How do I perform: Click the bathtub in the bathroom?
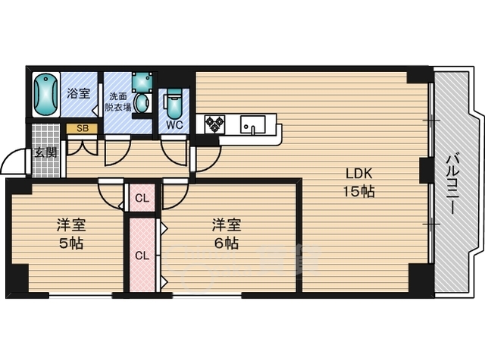coord(45,94)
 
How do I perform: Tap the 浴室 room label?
coord(79,93)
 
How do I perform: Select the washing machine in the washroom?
coord(142,82)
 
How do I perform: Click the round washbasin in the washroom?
coord(142,103)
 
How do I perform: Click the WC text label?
coord(174,125)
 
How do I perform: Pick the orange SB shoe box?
coord(83,128)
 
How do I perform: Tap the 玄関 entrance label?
coord(45,152)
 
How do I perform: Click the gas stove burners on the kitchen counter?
coord(214,124)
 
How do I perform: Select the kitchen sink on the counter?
coord(252,124)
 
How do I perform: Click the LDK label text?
coord(358,174)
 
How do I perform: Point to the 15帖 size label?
coord(358,192)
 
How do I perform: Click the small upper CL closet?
coord(142,198)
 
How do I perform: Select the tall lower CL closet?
coord(142,255)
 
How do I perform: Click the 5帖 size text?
coord(71,243)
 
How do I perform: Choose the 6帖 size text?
coord(227,243)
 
